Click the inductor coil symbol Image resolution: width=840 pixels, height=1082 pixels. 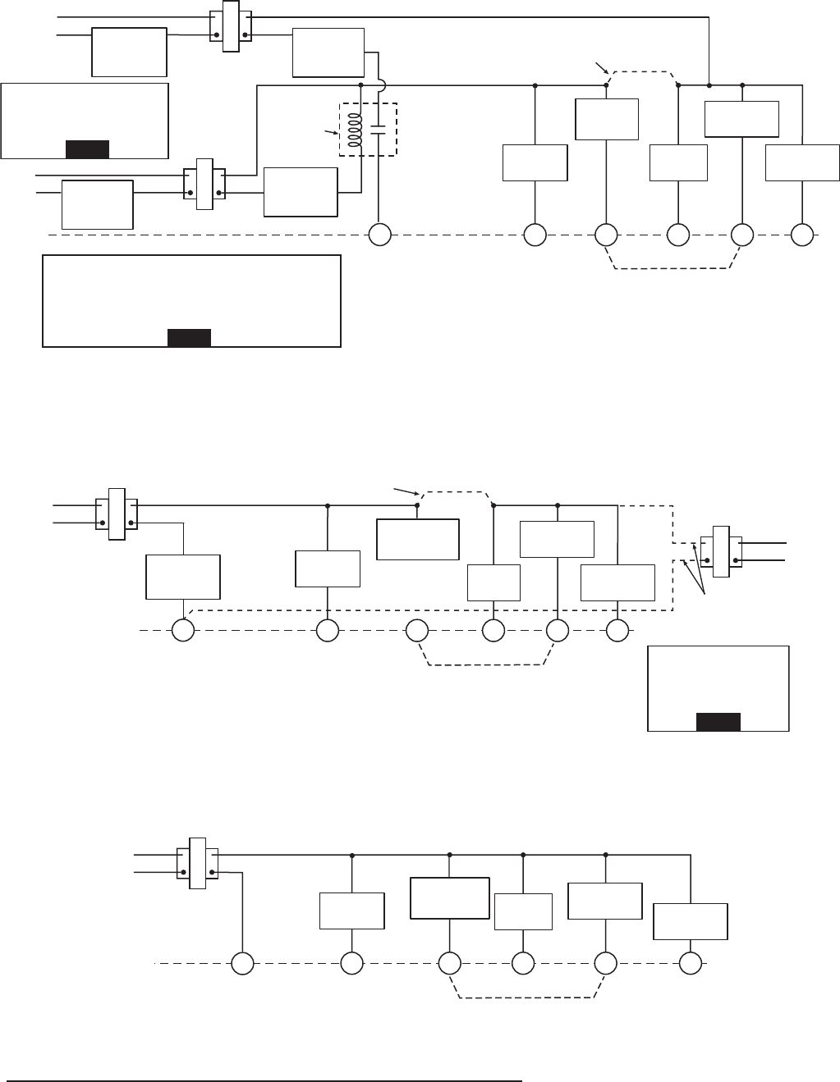point(356,129)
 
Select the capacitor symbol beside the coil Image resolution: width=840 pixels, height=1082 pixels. point(378,128)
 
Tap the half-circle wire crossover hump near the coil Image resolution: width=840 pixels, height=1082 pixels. point(383,84)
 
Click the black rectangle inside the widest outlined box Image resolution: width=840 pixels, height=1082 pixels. point(189,337)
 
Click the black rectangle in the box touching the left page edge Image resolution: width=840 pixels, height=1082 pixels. point(87,148)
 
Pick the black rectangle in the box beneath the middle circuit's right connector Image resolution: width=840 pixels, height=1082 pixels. point(718,721)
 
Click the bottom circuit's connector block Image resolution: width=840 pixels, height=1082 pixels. point(197,862)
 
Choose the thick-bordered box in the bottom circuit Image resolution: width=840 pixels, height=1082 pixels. point(449,898)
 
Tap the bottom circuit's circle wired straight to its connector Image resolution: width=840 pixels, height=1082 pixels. point(242,964)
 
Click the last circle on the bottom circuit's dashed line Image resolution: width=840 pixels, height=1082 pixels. point(691,964)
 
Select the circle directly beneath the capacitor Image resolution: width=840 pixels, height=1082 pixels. point(379,235)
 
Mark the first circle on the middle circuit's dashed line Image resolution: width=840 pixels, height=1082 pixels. point(182,630)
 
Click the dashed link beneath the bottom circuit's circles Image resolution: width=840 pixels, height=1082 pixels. point(526,997)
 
